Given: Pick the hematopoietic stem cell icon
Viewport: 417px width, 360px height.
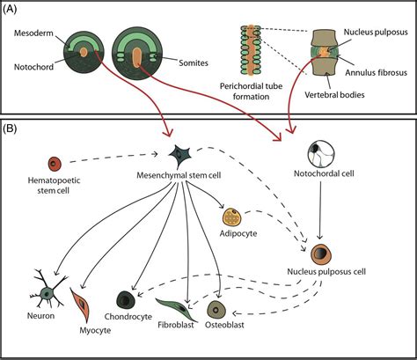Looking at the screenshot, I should click(x=55, y=162).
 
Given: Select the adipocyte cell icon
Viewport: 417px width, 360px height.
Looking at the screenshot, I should click(x=231, y=217).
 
